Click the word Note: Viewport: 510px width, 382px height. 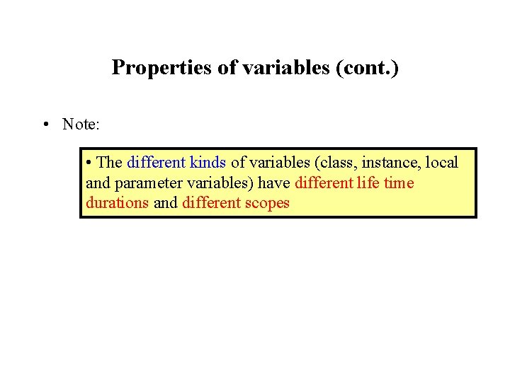81,125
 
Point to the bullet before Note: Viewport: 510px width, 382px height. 45,125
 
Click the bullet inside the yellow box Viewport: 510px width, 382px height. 88,163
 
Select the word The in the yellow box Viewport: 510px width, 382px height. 109,163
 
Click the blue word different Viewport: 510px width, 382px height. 157,163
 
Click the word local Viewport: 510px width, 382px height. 442,163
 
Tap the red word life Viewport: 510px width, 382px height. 366,183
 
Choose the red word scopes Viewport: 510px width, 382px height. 266,203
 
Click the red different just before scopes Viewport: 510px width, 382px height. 210,203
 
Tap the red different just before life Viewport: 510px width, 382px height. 323,183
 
